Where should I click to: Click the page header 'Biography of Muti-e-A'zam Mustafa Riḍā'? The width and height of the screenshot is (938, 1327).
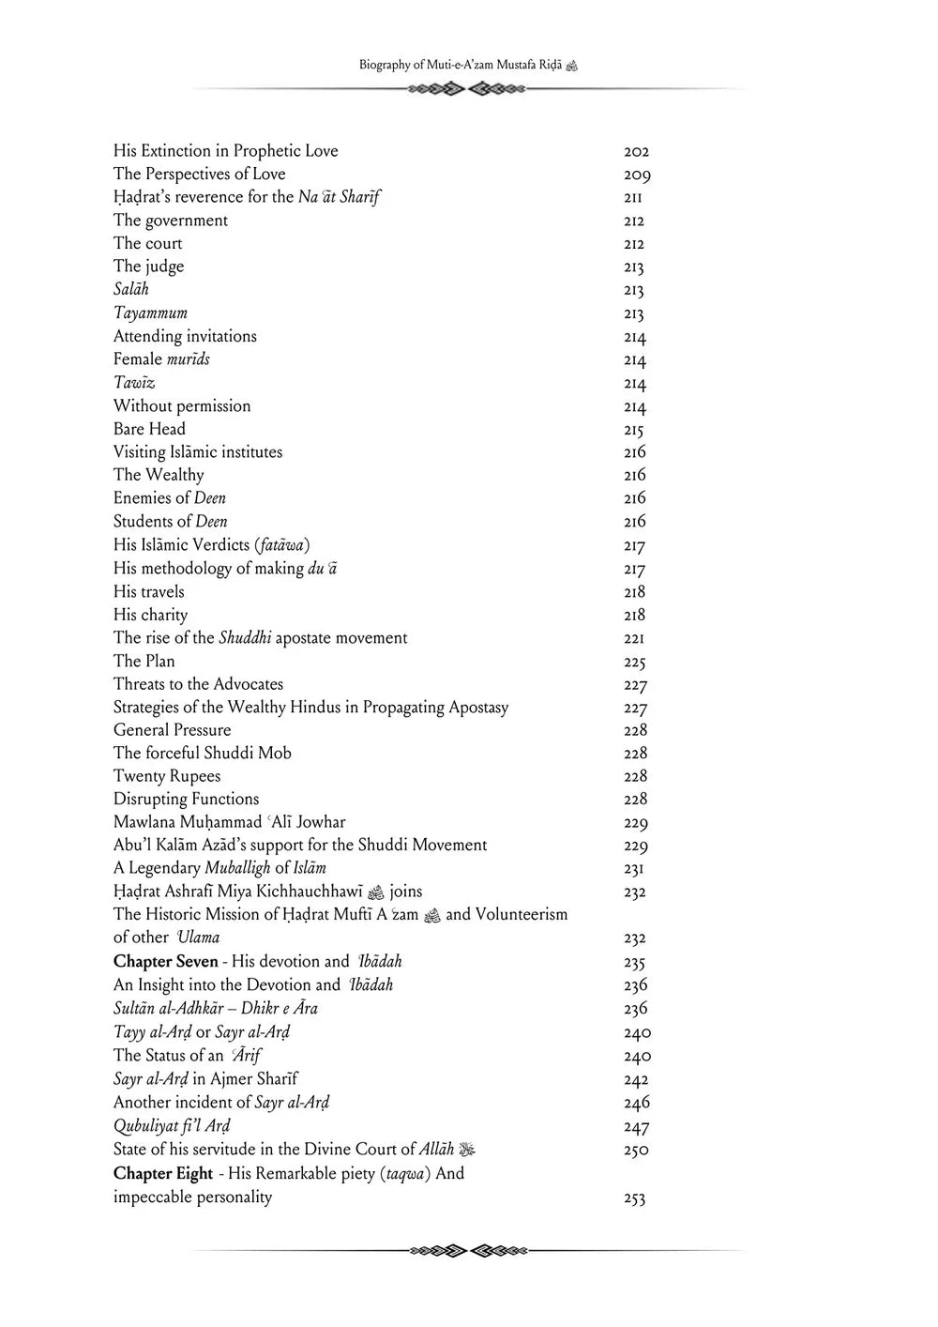point(468,66)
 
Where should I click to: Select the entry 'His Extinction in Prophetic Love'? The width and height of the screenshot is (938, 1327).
point(225,151)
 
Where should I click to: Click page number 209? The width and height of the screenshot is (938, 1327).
point(637,175)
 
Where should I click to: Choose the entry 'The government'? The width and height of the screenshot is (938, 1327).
point(170,221)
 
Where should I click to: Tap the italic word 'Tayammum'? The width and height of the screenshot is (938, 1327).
point(150,313)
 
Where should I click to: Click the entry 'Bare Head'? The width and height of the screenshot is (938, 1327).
point(149,429)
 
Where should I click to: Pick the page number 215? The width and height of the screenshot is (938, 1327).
point(633,430)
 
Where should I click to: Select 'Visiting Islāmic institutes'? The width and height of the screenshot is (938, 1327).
point(197,452)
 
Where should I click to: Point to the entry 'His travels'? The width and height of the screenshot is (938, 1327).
point(148,592)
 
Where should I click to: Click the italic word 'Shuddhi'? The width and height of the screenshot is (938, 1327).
point(245,638)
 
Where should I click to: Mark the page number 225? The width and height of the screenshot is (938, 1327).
point(634,662)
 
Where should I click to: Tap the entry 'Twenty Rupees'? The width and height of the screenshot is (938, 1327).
point(167,776)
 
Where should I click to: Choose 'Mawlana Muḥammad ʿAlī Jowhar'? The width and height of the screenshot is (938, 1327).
point(229,822)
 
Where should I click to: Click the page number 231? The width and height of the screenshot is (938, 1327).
point(633,869)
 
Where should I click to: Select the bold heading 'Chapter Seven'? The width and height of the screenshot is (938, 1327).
point(165,962)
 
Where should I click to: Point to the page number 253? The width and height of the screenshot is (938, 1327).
point(634,1198)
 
